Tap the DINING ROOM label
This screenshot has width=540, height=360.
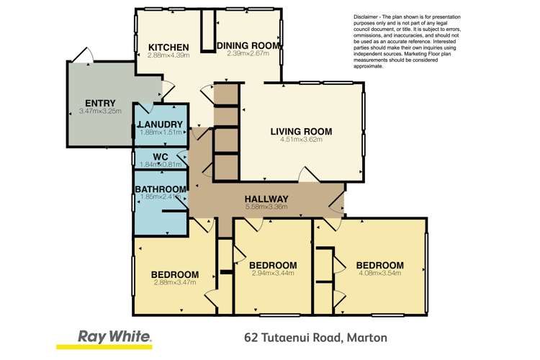(x=248, y=45)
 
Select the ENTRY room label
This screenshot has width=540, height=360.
(x=100, y=103)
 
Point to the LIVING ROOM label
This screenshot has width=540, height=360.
(x=301, y=131)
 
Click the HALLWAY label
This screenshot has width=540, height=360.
(x=266, y=199)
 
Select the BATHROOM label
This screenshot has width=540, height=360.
(x=161, y=189)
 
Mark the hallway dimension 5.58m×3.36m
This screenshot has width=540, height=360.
(x=266, y=207)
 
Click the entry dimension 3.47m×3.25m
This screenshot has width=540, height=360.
(x=100, y=112)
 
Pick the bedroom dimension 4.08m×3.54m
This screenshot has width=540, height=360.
(x=379, y=274)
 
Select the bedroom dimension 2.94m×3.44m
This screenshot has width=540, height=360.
(x=274, y=274)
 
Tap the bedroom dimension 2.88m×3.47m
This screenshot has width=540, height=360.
(x=175, y=283)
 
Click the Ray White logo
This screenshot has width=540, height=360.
(x=114, y=336)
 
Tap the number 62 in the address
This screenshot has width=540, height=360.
(x=251, y=337)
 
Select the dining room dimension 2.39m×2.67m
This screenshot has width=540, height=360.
(x=248, y=53)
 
